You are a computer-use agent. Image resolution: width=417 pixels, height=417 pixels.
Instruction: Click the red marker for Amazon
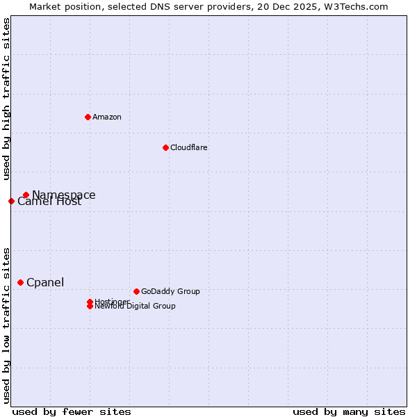(88, 117)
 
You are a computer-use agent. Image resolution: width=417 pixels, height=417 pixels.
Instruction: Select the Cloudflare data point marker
(165, 147)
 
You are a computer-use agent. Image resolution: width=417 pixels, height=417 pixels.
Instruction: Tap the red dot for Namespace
(26, 195)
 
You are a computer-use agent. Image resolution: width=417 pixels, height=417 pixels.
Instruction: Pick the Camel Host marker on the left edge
(11, 201)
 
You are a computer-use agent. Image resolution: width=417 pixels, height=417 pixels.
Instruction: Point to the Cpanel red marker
(20, 282)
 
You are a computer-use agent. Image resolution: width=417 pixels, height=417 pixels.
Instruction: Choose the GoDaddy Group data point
(136, 291)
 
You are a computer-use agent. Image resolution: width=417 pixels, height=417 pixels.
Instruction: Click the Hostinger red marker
(90, 302)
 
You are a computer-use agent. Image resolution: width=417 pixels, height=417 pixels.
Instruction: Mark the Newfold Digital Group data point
(90, 306)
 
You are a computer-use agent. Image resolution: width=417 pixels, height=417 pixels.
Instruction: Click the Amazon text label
(106, 117)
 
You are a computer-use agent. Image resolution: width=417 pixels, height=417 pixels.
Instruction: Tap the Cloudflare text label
(188, 147)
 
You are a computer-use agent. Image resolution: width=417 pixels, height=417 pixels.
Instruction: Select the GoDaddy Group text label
(170, 291)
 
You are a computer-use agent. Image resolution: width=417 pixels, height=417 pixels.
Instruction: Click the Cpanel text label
(45, 282)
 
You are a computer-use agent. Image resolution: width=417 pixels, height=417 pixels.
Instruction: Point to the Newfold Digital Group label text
(135, 306)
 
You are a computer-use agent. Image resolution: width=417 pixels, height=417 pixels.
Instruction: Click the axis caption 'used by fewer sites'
(72, 411)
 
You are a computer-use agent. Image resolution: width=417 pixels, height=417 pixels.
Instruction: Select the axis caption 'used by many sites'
(349, 411)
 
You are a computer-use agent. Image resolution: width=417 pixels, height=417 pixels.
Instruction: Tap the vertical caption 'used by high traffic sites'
(6, 99)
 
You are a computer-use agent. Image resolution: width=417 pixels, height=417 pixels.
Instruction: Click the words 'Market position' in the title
(62, 6)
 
